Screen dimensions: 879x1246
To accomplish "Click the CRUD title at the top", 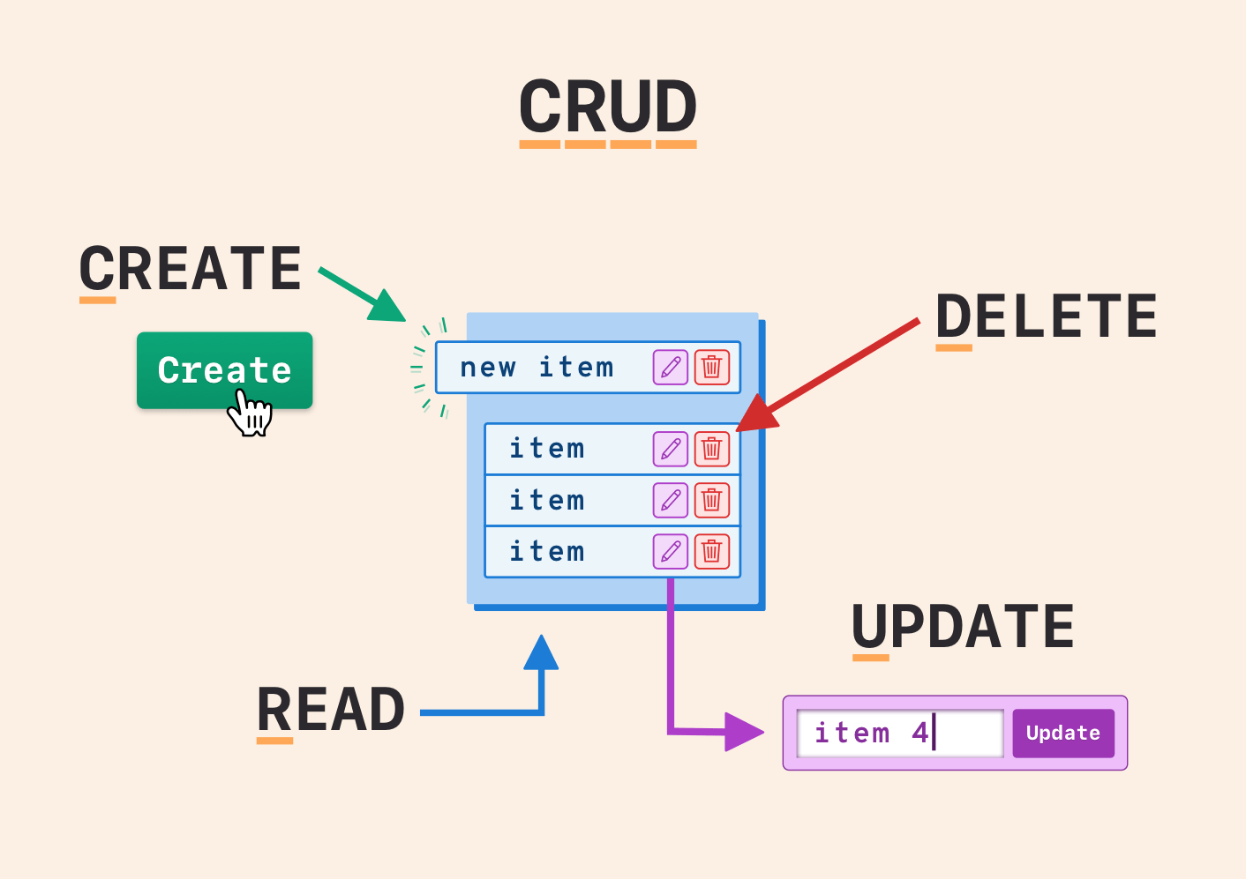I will pyautogui.click(x=608, y=107).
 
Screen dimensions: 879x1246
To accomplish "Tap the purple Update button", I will pyautogui.click(x=1063, y=734).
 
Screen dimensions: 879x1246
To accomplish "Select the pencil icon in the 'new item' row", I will pyautogui.click(x=671, y=367).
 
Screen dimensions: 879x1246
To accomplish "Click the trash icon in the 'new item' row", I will pyautogui.click(x=712, y=367).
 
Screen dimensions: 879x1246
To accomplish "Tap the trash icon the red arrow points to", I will pyautogui.click(x=712, y=449).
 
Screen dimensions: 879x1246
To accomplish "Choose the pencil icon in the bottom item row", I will pyautogui.click(x=671, y=552).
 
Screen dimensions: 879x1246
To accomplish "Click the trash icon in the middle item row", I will pyautogui.click(x=712, y=501).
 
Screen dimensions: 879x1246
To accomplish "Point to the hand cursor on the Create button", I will pyautogui.click(x=251, y=413).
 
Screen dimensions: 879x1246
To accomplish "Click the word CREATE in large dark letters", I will pyautogui.click(x=191, y=268).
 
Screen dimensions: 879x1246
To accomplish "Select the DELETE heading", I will pyautogui.click(x=1047, y=317).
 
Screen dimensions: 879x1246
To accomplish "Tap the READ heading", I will pyautogui.click(x=331, y=710).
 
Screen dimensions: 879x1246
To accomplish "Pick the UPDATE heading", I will pyautogui.click(x=963, y=627).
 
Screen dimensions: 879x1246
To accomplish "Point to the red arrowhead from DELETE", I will pyautogui.click(x=756, y=414).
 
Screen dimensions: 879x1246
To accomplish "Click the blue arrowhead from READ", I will pyautogui.click(x=541, y=653).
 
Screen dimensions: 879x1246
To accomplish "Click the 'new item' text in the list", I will pyautogui.click(x=537, y=367).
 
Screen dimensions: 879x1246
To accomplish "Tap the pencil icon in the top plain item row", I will pyautogui.click(x=671, y=449).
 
